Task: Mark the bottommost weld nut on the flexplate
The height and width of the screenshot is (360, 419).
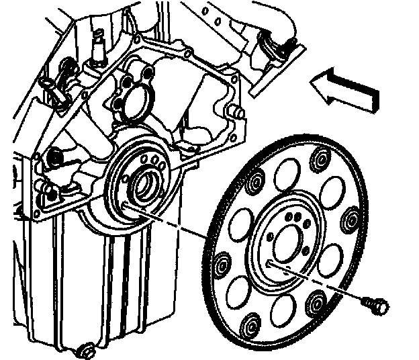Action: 251,324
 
